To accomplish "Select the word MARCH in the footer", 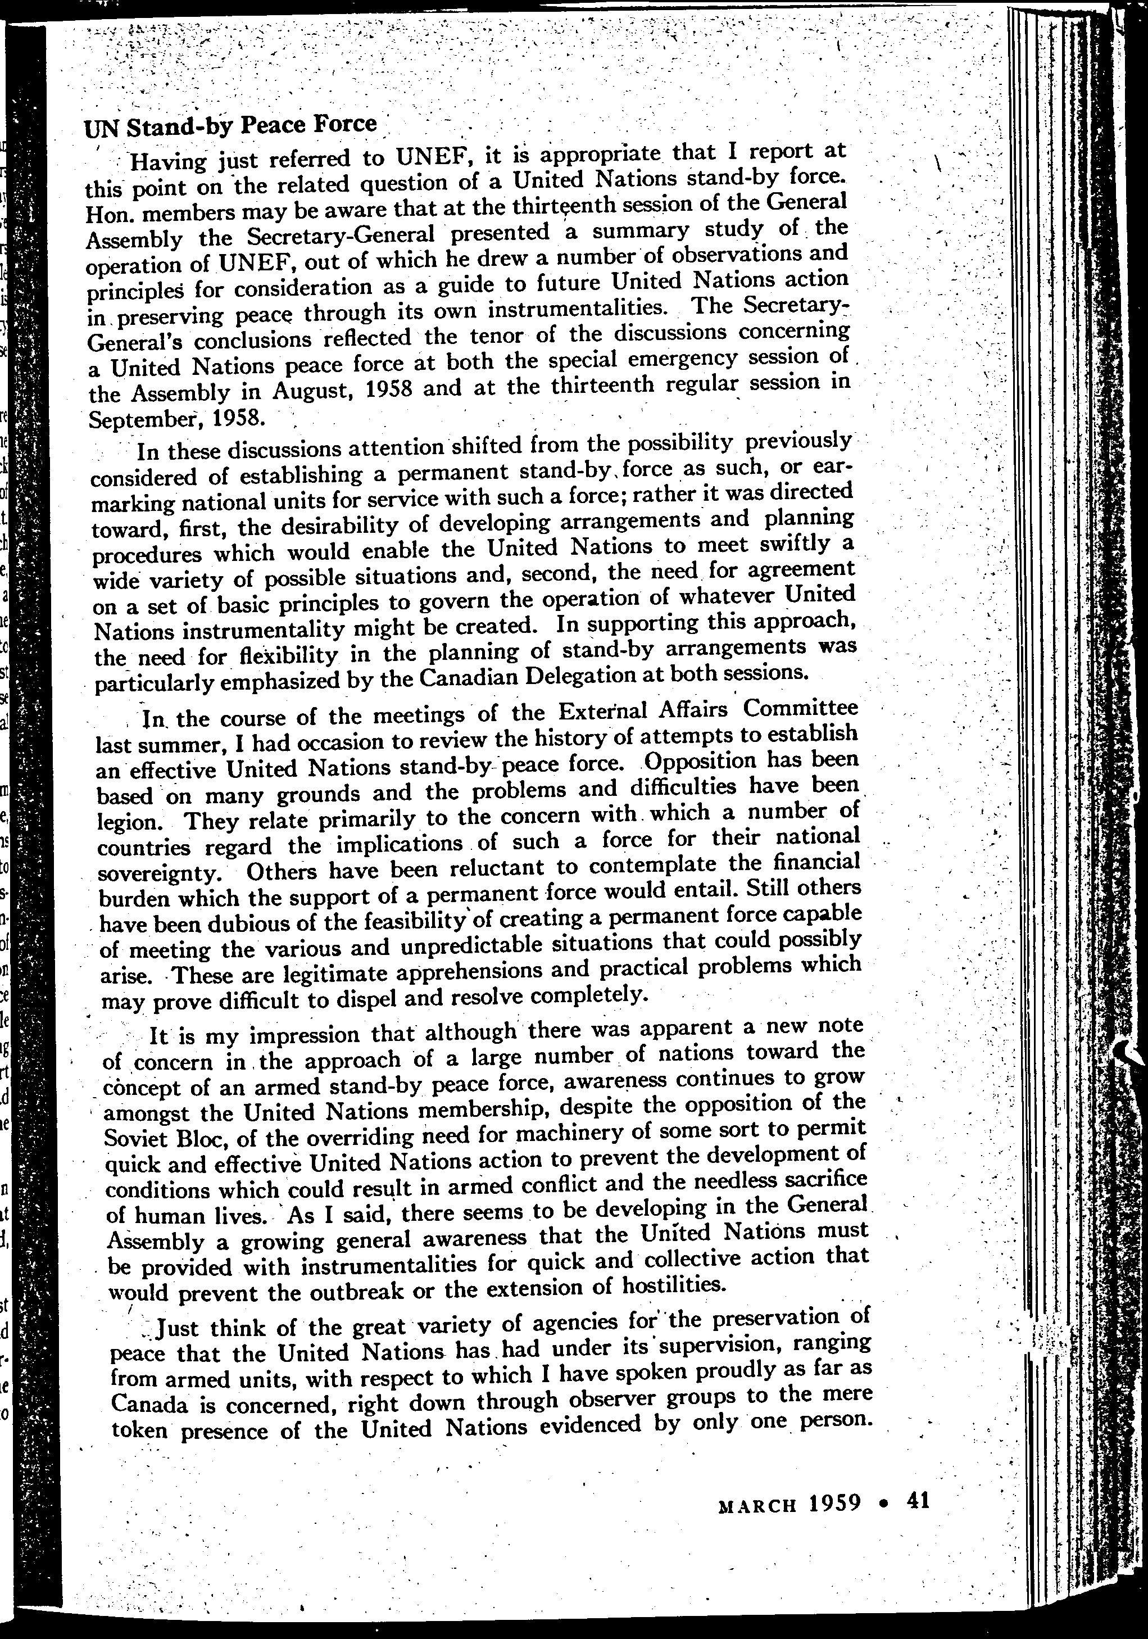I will [756, 1505].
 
